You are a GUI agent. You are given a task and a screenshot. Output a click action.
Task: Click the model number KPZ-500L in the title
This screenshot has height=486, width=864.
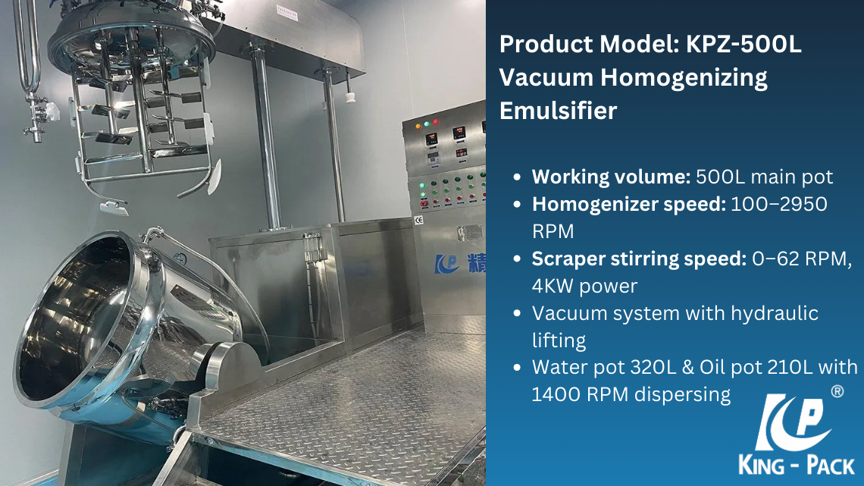743,44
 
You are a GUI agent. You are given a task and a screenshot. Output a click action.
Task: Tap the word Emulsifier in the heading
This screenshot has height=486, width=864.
558,110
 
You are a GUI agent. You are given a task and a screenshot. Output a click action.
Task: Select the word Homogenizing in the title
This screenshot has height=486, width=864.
684,78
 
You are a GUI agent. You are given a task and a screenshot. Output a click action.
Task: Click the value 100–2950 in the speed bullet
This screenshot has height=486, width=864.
778,204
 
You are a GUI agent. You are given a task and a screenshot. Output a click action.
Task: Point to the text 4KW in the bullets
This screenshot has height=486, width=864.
553,286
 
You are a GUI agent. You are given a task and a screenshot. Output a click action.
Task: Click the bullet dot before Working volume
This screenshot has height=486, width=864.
517,177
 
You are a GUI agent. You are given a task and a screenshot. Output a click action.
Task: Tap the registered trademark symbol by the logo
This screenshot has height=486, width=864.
837,391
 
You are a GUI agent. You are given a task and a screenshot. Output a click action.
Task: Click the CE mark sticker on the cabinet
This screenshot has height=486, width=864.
419,221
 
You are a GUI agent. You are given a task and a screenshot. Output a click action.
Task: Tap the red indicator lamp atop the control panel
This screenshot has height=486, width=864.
436,122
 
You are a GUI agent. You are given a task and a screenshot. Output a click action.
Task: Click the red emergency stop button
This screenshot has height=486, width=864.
424,203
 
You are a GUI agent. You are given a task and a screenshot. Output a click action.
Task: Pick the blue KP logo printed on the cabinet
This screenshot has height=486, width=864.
446,264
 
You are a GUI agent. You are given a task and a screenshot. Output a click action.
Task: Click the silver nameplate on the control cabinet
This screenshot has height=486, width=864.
469,233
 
